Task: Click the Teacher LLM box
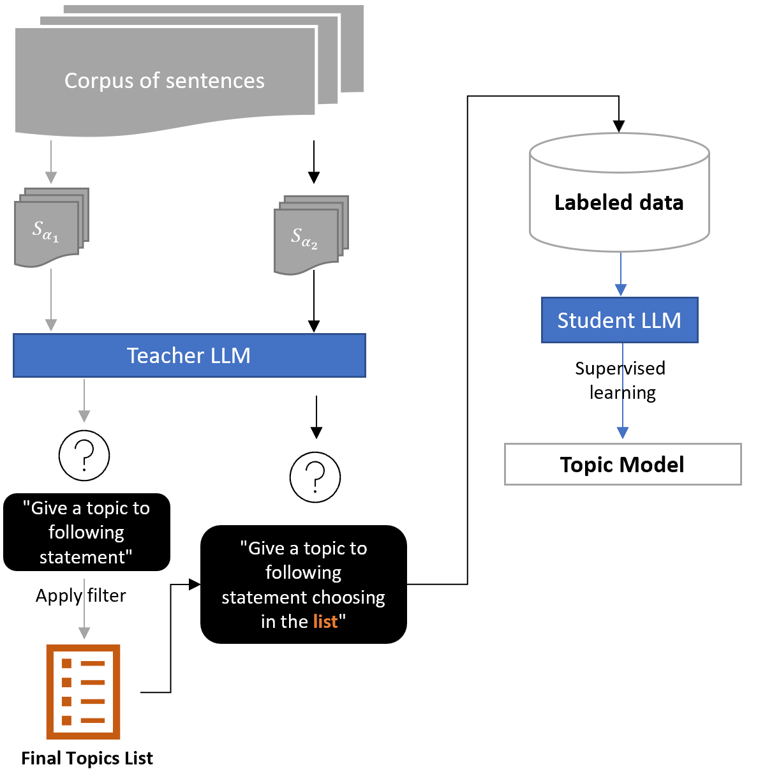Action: click(x=189, y=355)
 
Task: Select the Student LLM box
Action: click(x=620, y=320)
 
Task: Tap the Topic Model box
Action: click(x=623, y=465)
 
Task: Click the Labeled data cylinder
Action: click(x=620, y=193)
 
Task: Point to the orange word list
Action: click(x=325, y=621)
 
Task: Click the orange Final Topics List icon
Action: click(x=83, y=692)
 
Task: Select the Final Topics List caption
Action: click(x=87, y=759)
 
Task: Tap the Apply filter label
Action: click(x=81, y=596)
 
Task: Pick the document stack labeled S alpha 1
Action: click(x=52, y=227)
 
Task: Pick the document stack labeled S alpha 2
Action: click(x=311, y=235)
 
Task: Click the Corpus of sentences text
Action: click(x=164, y=81)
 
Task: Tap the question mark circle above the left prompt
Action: click(x=84, y=456)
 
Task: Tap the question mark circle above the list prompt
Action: click(x=315, y=477)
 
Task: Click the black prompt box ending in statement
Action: click(x=87, y=532)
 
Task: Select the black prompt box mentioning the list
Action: click(x=304, y=584)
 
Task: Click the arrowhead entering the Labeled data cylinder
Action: click(x=619, y=126)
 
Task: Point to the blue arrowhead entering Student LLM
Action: click(x=621, y=290)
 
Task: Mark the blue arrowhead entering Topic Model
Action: click(x=623, y=433)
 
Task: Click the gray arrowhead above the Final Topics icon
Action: click(x=84, y=633)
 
